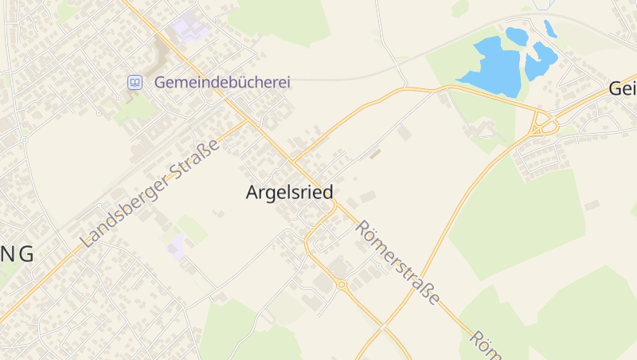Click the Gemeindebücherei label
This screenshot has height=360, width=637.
pos(222,82)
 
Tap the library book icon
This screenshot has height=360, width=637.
pos(135,82)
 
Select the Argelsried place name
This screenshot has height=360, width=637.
pos(289,192)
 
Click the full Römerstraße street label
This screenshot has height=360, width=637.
pos(397,262)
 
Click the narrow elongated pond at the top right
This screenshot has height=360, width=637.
pos(550,29)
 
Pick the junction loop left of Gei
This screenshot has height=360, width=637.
pos(545,124)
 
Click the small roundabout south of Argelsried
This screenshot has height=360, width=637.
pos(342,284)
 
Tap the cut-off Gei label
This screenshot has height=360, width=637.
pos(622,88)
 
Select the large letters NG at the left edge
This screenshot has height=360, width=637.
pos(17,254)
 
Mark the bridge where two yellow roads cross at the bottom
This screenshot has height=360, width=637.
pos(385,326)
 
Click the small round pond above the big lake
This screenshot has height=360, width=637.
pos(516,36)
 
